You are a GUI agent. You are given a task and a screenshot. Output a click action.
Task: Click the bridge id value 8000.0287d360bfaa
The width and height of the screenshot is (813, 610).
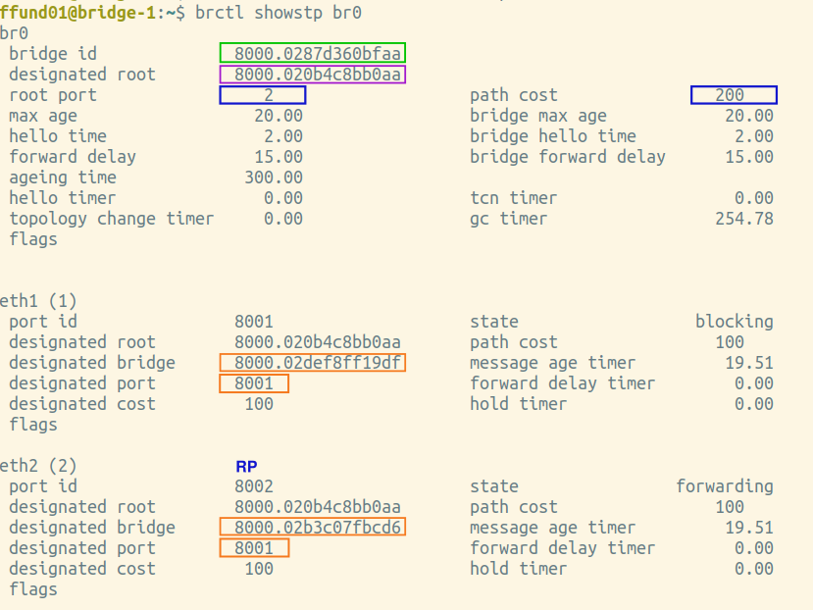click(318, 53)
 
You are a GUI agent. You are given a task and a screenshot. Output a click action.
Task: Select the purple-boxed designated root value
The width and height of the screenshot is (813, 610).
click(318, 75)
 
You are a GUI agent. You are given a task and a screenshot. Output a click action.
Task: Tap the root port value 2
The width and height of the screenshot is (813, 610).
click(269, 95)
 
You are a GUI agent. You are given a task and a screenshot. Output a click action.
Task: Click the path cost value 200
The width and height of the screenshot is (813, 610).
click(730, 95)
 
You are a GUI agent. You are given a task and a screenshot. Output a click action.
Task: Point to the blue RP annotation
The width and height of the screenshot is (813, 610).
click(246, 466)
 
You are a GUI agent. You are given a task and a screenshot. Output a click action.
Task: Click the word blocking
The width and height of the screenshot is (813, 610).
click(735, 322)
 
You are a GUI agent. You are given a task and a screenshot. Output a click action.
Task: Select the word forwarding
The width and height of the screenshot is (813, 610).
click(725, 486)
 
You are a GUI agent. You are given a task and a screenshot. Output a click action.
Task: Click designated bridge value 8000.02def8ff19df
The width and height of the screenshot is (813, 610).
click(318, 363)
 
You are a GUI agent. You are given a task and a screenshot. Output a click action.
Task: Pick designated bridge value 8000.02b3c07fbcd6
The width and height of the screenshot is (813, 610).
click(318, 527)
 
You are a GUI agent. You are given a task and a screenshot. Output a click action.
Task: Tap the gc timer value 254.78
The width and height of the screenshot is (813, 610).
click(744, 219)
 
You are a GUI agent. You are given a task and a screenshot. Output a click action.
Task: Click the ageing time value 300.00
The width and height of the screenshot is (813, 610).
click(274, 178)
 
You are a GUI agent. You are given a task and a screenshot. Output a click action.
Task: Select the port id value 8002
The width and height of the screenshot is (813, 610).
click(254, 486)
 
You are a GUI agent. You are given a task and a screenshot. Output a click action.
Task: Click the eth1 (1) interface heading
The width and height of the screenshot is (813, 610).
click(38, 301)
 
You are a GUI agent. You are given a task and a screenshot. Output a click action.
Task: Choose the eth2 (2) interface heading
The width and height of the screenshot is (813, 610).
click(38, 465)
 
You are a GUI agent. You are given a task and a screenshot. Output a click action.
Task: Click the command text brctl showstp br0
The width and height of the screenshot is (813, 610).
click(278, 13)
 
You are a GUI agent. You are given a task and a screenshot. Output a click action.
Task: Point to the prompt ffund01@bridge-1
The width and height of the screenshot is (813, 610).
click(78, 13)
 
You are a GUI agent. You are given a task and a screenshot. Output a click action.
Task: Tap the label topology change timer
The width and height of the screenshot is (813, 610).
click(112, 219)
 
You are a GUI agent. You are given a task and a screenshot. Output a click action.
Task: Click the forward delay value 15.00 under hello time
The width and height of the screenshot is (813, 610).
click(279, 157)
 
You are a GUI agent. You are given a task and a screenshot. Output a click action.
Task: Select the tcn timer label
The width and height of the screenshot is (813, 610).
click(513, 198)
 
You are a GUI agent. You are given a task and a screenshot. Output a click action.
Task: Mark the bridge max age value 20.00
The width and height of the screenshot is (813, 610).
click(749, 116)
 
